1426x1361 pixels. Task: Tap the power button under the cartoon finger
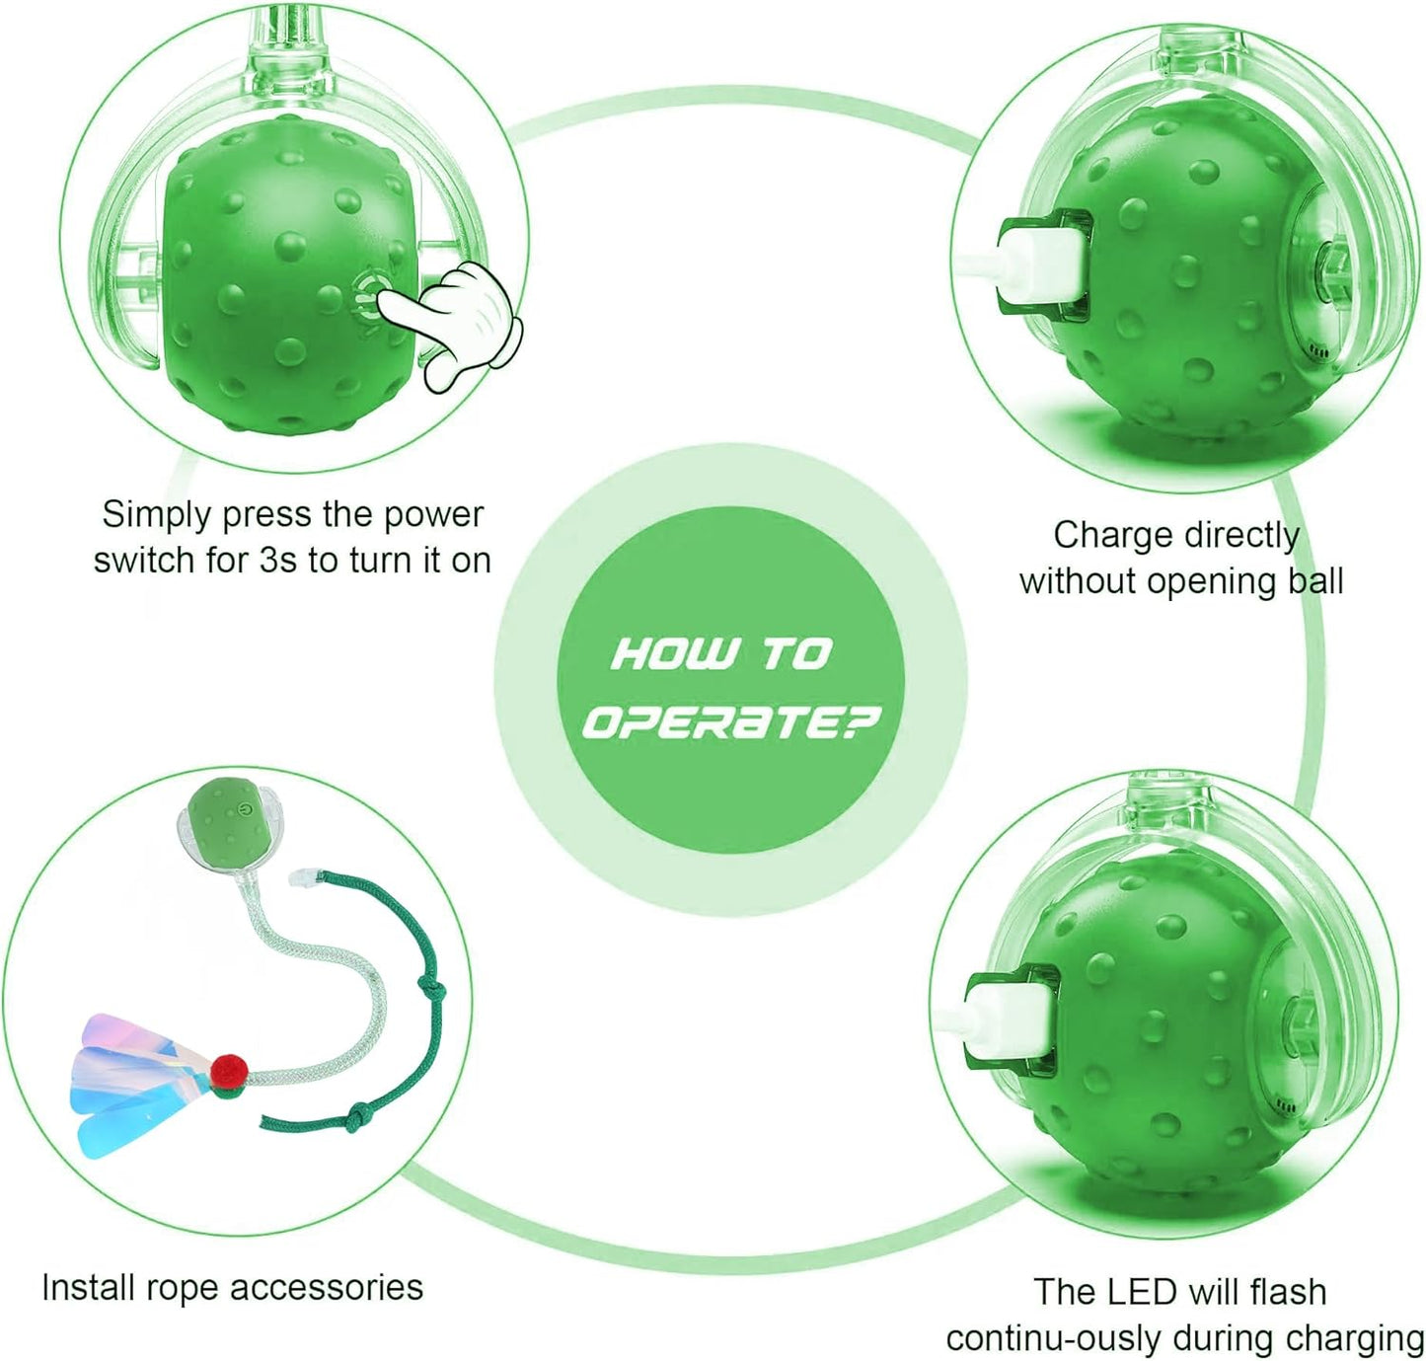[368, 294]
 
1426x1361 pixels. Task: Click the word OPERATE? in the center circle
[729, 722]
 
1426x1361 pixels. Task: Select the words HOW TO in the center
[721, 653]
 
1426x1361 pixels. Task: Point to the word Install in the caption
[89, 1288]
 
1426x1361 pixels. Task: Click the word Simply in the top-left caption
[157, 514]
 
